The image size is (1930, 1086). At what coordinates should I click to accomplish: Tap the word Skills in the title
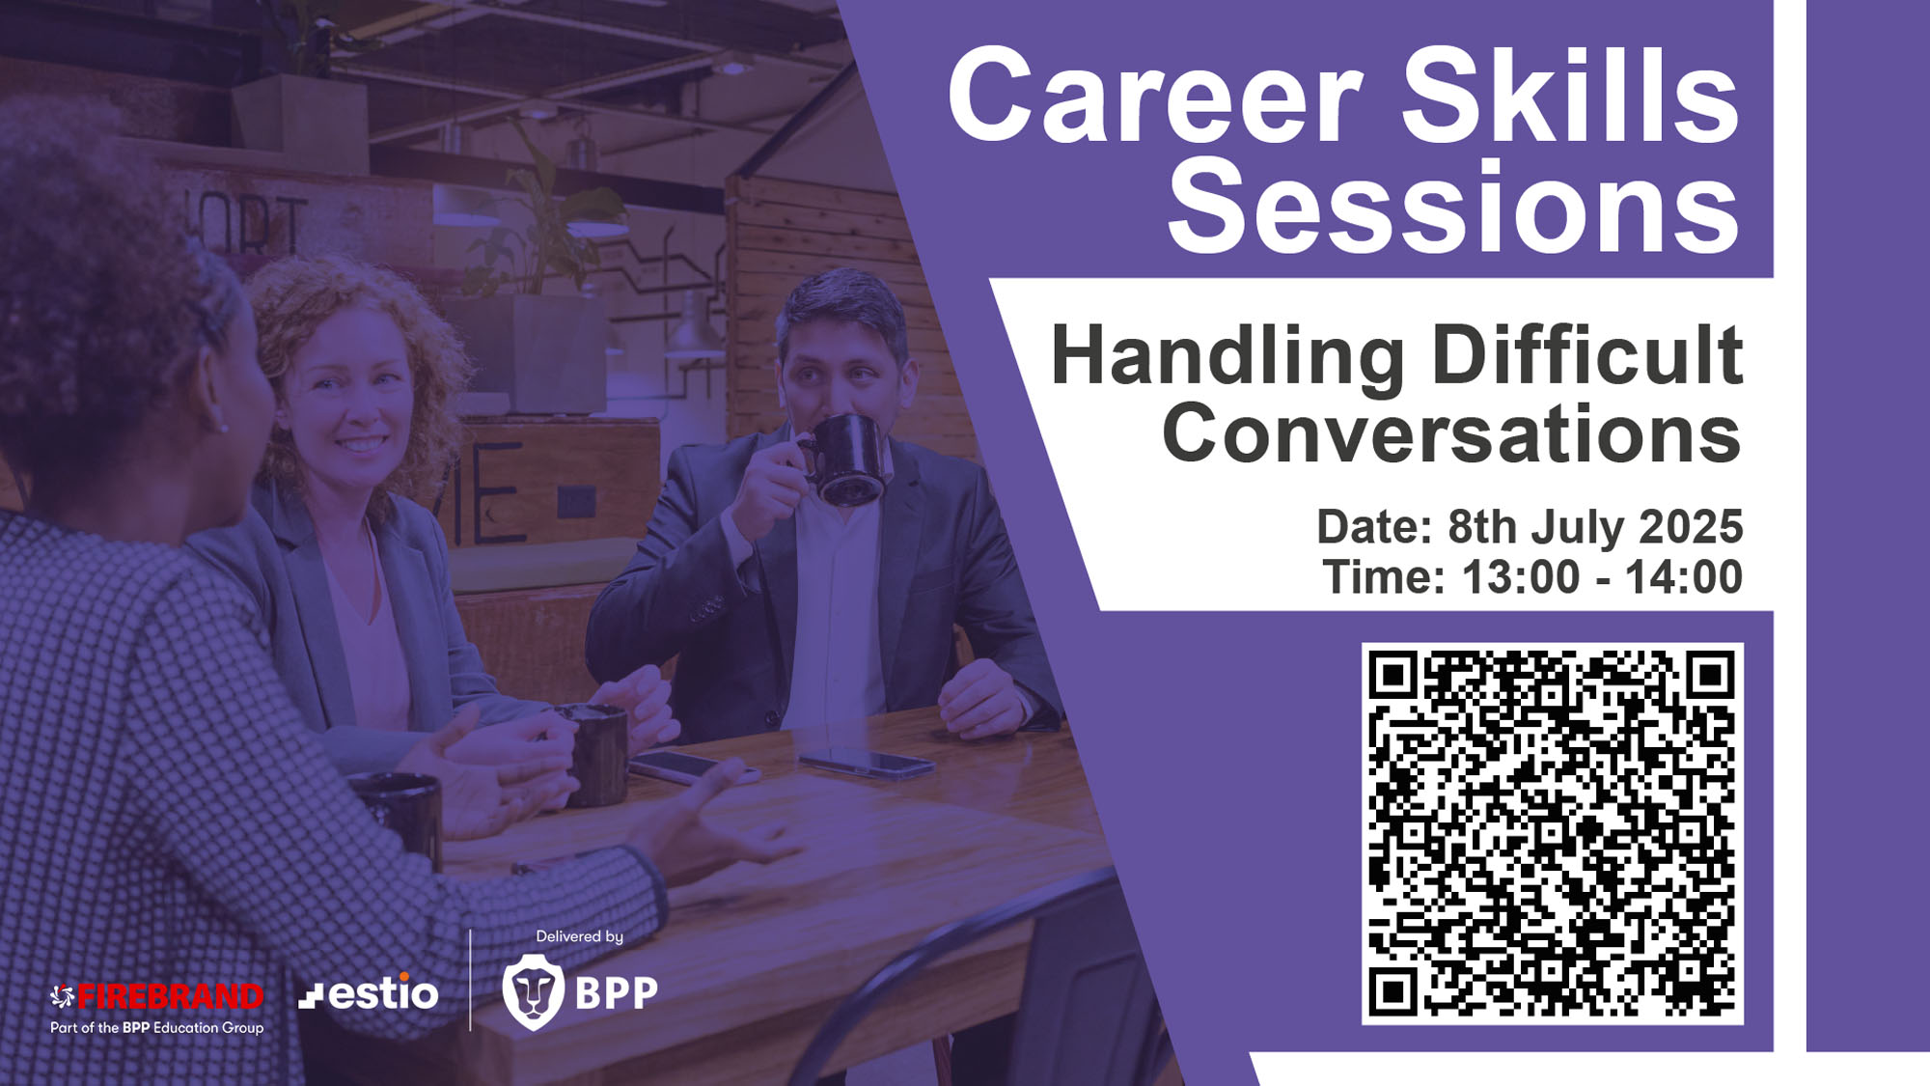point(1571,95)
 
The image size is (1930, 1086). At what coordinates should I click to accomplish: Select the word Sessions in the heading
point(1453,207)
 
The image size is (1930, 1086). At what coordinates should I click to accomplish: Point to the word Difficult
point(1588,354)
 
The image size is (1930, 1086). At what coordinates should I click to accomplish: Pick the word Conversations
point(1452,433)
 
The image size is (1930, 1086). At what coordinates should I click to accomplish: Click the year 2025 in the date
point(1691,527)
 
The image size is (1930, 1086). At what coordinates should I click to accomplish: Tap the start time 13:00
point(1521,577)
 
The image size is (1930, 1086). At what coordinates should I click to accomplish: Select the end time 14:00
point(1684,577)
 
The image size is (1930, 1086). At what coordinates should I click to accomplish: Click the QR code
point(1552,834)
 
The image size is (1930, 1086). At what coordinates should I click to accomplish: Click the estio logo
point(369,992)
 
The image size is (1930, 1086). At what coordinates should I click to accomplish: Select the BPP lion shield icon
point(533,992)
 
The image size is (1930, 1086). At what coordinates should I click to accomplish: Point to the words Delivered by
point(580,936)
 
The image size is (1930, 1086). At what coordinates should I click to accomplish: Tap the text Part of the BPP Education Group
point(157,1028)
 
